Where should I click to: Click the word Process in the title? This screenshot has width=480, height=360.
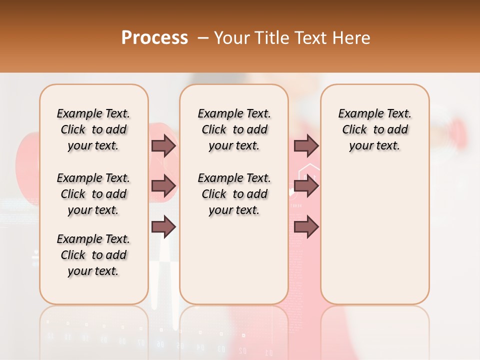pyautogui.click(x=154, y=38)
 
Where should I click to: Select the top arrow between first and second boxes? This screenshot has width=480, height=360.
pyautogui.click(x=163, y=145)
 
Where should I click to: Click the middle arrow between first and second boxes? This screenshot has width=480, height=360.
pyautogui.click(x=163, y=186)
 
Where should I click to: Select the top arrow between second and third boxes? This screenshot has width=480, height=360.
pyautogui.click(x=306, y=145)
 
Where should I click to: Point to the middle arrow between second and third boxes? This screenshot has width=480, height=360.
pyautogui.click(x=306, y=186)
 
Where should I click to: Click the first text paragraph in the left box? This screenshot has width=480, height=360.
pyautogui.click(x=93, y=129)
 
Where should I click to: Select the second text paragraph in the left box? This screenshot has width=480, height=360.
pyautogui.click(x=93, y=194)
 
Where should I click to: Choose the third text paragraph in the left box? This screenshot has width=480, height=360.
pyautogui.click(x=93, y=255)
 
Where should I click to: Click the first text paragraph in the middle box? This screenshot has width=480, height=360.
pyautogui.click(x=234, y=129)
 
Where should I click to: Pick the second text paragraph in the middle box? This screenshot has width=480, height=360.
pyautogui.click(x=234, y=194)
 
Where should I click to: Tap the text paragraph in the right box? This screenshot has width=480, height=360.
pyautogui.click(x=374, y=129)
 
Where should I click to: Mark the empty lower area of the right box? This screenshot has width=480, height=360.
pyautogui.click(x=374, y=240)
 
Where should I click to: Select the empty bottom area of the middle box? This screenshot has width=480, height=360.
pyautogui.click(x=234, y=265)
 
